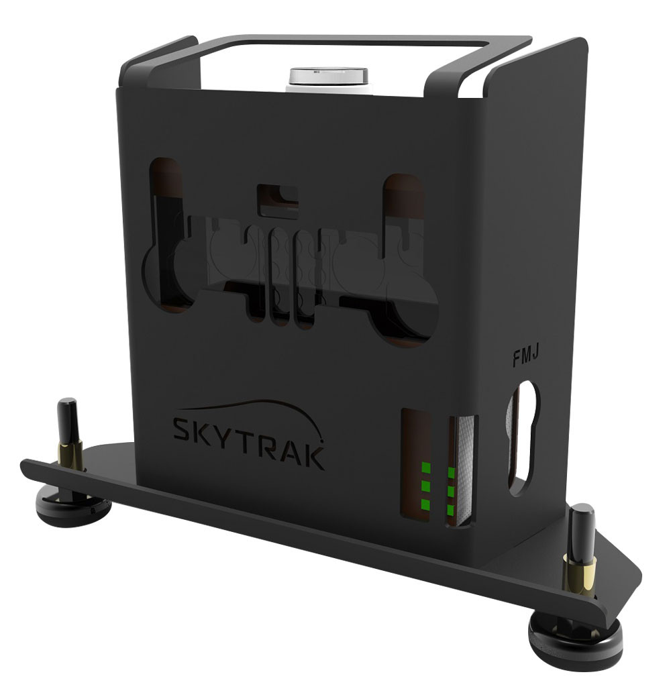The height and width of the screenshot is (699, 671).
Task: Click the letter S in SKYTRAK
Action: (x=184, y=429)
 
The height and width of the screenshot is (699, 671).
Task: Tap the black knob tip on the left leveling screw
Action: (x=67, y=413)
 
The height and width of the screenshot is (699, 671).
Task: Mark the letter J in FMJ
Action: (x=537, y=358)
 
